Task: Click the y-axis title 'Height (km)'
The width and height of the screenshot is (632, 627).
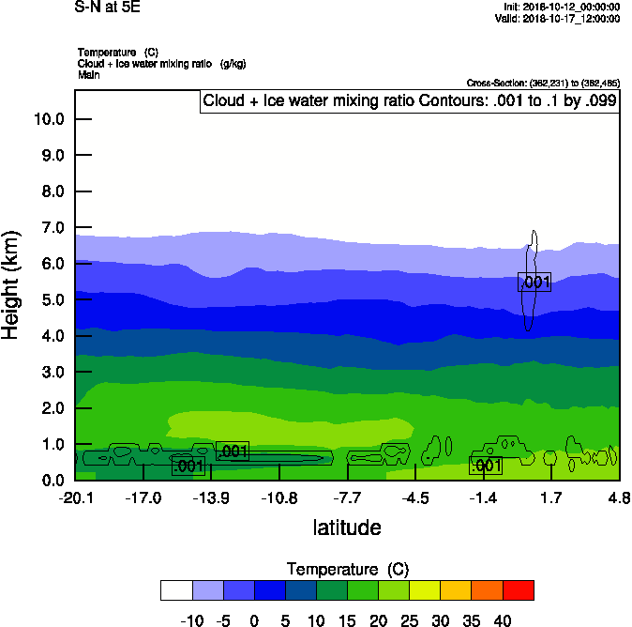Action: (x=11, y=284)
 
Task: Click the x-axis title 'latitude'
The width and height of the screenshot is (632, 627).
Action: (x=347, y=528)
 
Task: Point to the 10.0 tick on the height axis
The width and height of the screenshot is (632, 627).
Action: (x=48, y=119)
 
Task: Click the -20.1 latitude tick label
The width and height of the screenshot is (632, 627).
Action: (x=75, y=497)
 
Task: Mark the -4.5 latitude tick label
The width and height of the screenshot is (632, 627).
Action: (x=415, y=497)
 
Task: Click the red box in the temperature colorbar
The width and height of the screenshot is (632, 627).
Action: (x=518, y=590)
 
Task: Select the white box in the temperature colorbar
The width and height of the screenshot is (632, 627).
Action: (x=176, y=590)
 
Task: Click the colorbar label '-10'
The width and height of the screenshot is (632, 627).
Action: (x=192, y=620)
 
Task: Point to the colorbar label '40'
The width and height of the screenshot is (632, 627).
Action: (x=503, y=620)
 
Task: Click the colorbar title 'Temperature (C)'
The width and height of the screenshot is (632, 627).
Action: (x=347, y=570)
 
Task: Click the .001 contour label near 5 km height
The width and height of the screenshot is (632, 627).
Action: (x=534, y=282)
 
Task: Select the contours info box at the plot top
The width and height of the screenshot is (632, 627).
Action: (x=409, y=101)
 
